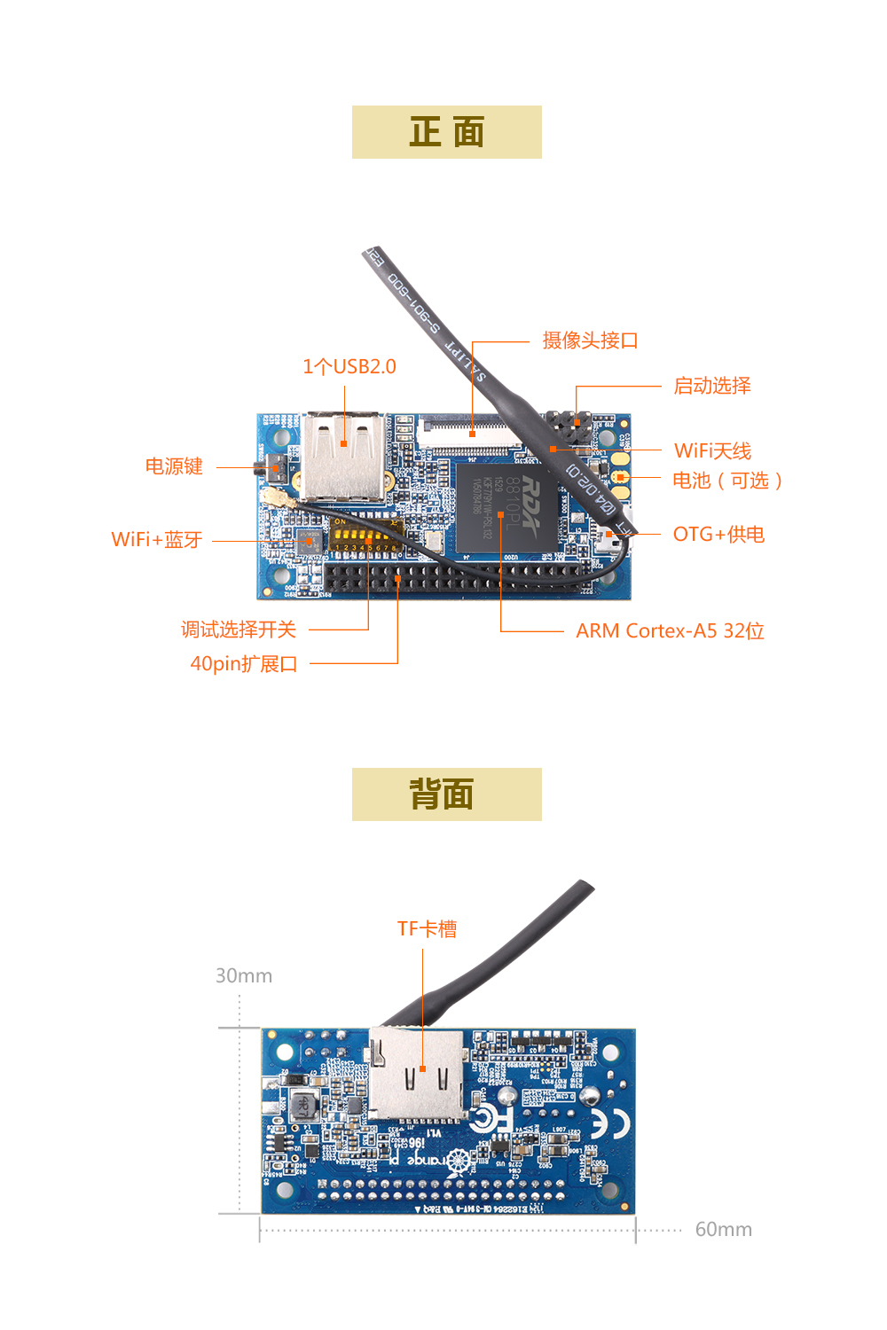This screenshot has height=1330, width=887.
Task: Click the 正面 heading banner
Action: pyautogui.click(x=446, y=132)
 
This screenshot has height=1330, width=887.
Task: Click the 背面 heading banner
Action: pyautogui.click(x=446, y=794)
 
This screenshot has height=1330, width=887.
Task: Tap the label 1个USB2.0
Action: pyautogui.click(x=349, y=367)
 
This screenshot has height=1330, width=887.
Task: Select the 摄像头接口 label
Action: pyautogui.click(x=590, y=340)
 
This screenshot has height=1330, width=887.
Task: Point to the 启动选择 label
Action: pyautogui.click(x=711, y=386)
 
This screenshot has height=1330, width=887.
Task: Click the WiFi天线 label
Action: pyautogui.click(x=712, y=451)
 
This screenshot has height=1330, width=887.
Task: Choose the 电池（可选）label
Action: pyautogui.click(x=726, y=481)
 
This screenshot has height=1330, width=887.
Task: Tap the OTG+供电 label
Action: pyautogui.click(x=718, y=535)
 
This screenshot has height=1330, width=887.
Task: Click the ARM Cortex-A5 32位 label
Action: pyautogui.click(x=670, y=631)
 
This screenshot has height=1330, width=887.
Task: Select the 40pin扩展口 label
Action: pyautogui.click(x=244, y=664)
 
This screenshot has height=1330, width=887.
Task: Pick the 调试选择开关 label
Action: pyautogui.click(x=238, y=630)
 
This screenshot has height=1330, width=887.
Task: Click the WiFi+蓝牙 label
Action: pyautogui.click(x=157, y=540)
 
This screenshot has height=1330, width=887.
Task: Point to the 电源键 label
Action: pyautogui.click(x=174, y=467)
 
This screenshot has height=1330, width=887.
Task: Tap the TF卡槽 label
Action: pyautogui.click(x=427, y=929)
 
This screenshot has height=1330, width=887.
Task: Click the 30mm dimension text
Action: pyautogui.click(x=244, y=976)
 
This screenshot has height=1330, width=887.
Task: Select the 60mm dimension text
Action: pyautogui.click(x=723, y=1230)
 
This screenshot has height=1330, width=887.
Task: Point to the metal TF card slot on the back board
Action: pyautogui.click(x=418, y=1073)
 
